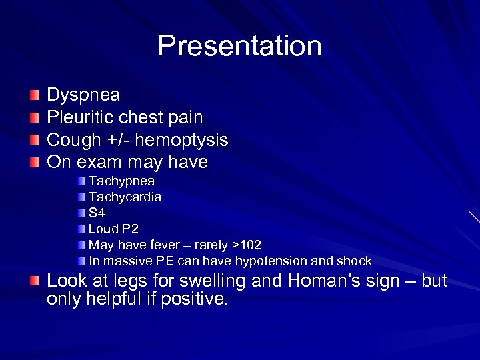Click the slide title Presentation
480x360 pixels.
coord(239,46)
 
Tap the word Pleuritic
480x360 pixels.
coord(78,118)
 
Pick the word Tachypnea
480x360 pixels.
coord(121,181)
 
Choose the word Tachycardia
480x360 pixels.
coord(125,197)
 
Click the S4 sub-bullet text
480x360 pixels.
coord(97,213)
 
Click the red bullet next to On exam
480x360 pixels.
coord(35,162)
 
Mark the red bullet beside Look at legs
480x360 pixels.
coord(35,281)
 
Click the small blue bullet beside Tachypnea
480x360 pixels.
coord(81,181)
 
